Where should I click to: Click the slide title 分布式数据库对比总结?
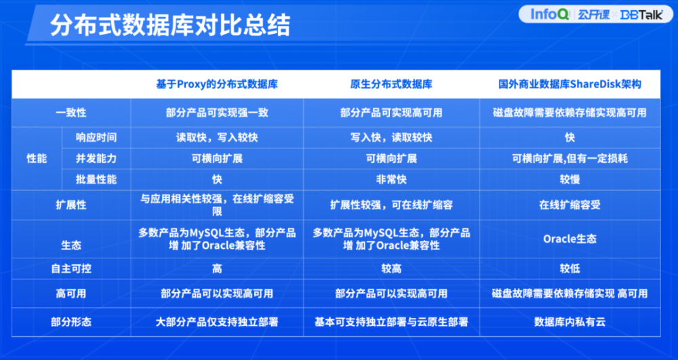click(x=170, y=26)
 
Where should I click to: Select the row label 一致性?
click(x=71, y=113)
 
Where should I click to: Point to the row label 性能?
click(x=37, y=159)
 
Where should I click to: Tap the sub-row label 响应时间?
click(x=96, y=138)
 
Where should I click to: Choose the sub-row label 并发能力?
click(x=96, y=159)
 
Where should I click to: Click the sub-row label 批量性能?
click(x=96, y=180)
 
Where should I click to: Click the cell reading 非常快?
click(x=391, y=180)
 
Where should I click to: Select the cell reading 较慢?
click(x=570, y=180)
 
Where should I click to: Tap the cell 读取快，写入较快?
click(x=217, y=138)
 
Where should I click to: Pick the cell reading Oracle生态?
click(x=570, y=239)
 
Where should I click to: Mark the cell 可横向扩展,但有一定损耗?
click(x=570, y=159)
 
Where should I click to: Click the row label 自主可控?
click(x=71, y=269)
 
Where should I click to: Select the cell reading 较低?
click(x=570, y=269)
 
